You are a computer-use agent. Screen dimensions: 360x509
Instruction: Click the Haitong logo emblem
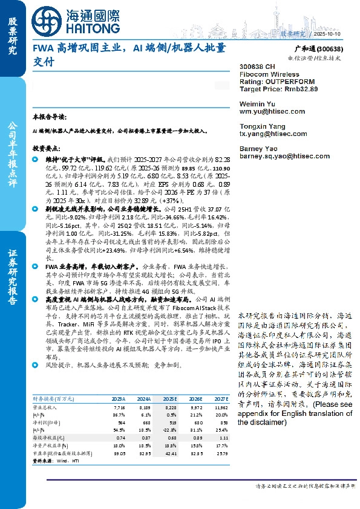(45, 20)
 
